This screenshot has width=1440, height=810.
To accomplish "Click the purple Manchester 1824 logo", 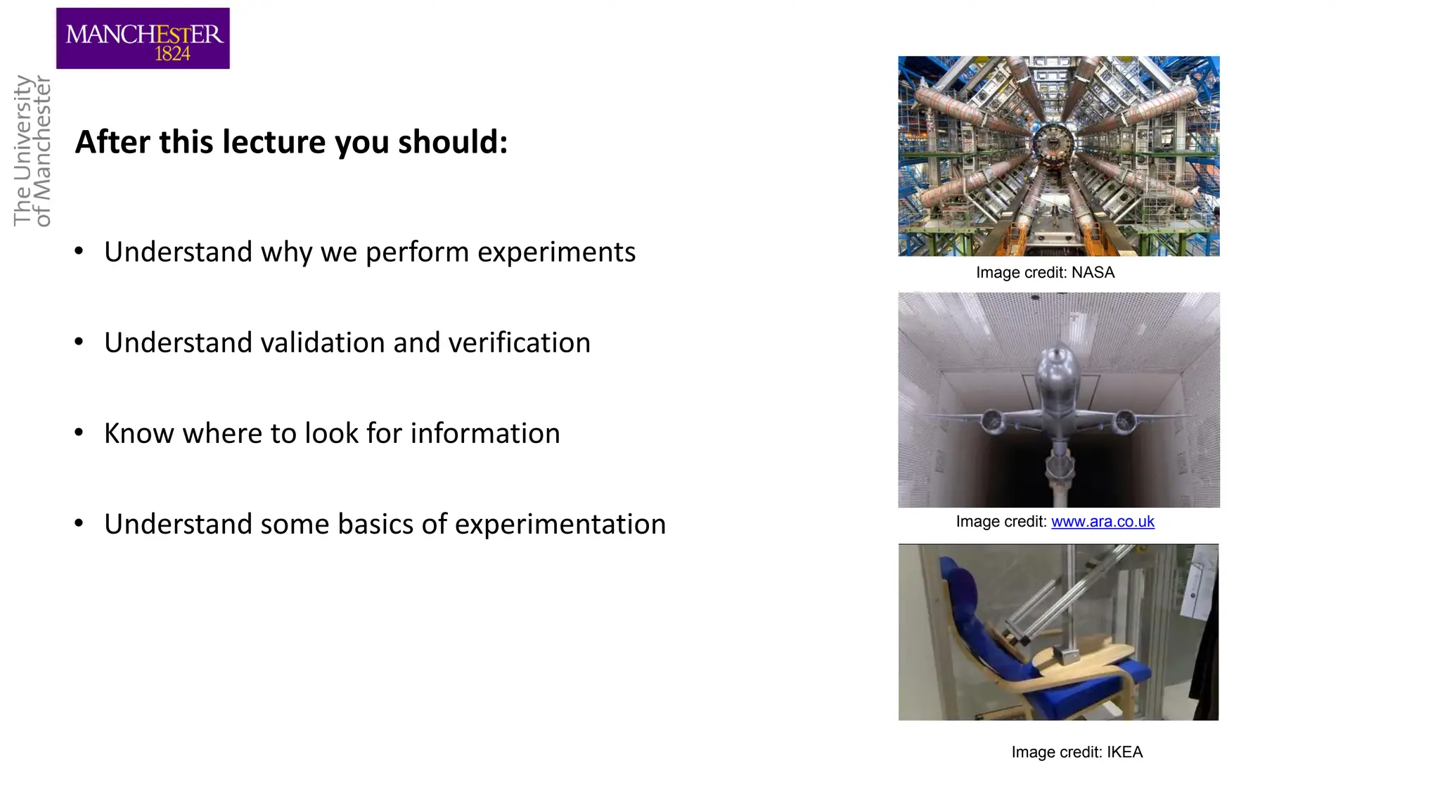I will click(x=143, y=38).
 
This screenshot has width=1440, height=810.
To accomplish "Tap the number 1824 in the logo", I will click(x=172, y=54).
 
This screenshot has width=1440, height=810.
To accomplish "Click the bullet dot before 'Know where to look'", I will click(x=79, y=432).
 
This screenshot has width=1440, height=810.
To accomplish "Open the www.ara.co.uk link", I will click(x=1102, y=522).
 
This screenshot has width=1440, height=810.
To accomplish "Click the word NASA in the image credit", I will click(x=1093, y=273).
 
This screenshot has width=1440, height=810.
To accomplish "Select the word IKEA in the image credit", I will click(x=1124, y=752).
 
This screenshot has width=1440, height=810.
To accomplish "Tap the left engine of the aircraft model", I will click(x=992, y=422).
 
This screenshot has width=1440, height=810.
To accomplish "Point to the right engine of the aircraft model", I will click(x=1124, y=422).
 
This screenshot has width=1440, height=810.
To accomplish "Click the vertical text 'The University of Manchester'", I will click(x=32, y=150).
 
